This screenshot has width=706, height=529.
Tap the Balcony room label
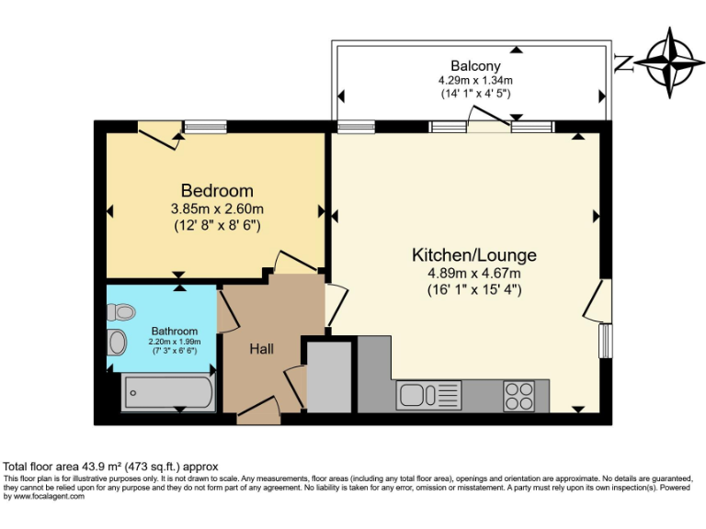[475, 65]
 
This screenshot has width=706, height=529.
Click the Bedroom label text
[217, 191]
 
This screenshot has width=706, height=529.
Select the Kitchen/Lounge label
[473, 255]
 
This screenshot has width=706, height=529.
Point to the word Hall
[262, 349]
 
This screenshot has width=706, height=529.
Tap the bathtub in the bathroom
[169, 393]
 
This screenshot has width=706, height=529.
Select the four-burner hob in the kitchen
[518, 396]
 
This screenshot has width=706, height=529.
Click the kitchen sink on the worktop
[428, 396]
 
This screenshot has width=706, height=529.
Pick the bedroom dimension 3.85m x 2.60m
[217, 208]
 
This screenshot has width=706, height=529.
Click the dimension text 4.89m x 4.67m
[473, 273]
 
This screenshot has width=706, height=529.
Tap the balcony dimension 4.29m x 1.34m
[475, 81]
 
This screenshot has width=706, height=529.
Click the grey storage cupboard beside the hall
[329, 376]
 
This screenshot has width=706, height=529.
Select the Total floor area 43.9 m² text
[110, 467]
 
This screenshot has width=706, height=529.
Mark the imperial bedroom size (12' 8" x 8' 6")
[217, 225]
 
